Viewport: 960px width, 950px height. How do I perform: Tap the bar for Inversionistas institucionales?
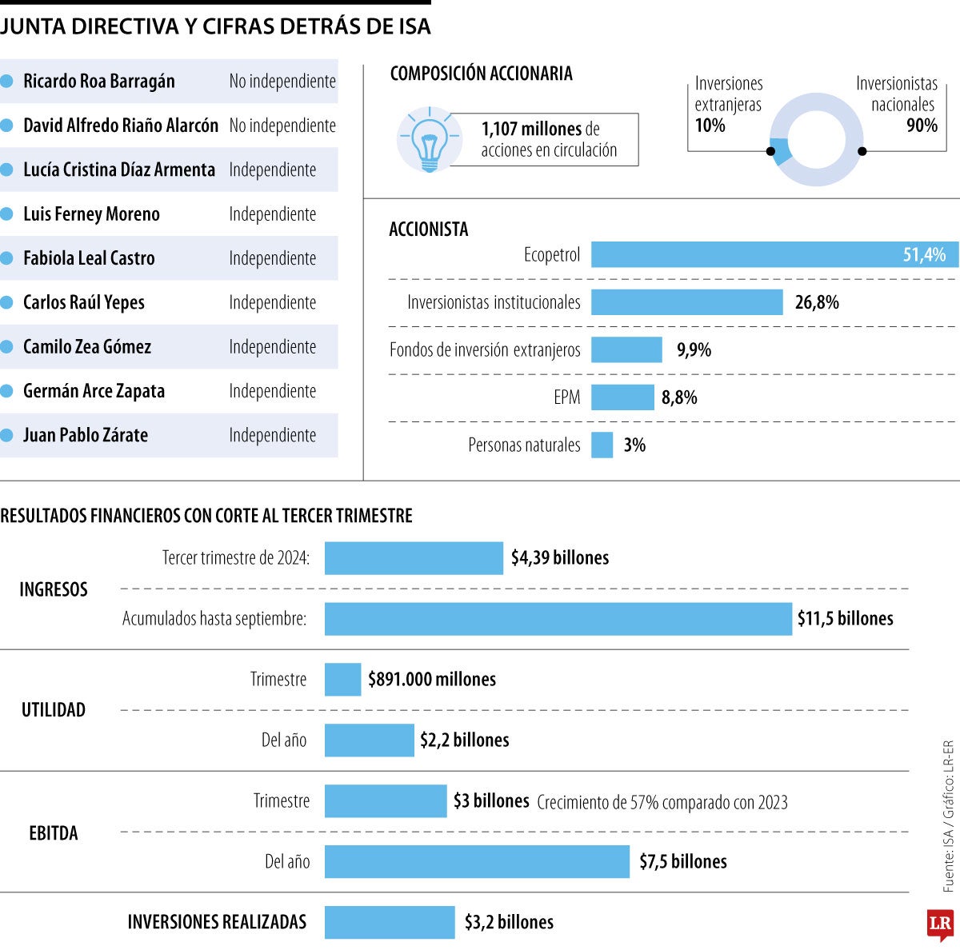686,302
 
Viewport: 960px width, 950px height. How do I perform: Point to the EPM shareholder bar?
622,397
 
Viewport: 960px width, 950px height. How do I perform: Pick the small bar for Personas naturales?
602,445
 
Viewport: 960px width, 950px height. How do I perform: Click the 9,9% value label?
694,350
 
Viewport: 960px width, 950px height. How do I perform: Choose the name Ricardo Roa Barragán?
98,82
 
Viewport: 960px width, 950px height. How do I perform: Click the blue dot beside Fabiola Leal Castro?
7,258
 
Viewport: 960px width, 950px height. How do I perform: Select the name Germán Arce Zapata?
94,391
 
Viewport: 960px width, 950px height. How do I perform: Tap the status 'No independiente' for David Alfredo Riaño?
282,126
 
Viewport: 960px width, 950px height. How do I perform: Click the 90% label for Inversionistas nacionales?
922,126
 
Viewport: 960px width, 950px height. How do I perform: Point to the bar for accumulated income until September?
558,619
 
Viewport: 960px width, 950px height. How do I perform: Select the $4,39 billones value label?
560,558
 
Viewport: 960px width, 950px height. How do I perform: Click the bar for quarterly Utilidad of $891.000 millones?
342,680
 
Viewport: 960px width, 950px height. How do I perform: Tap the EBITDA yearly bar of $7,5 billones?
477,862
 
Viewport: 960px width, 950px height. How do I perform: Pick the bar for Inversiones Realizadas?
390,922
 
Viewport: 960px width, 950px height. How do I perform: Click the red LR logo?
940,924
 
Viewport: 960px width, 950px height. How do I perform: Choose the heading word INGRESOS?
54,589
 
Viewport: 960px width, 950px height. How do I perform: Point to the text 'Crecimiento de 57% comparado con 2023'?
662,802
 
